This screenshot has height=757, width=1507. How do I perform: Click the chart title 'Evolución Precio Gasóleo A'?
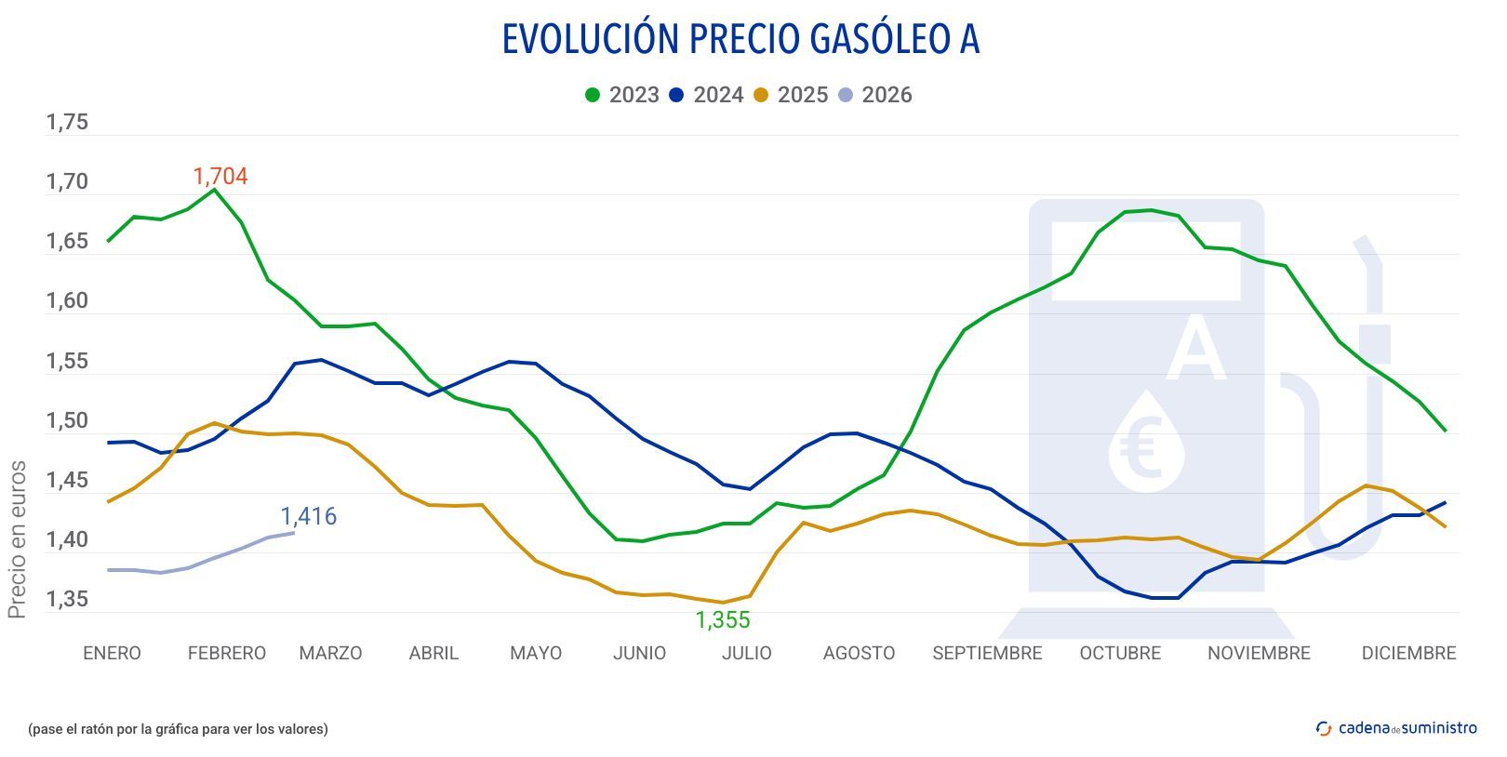(x=740, y=40)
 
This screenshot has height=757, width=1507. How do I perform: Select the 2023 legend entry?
(x=622, y=95)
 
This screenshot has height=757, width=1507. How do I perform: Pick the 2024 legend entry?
(x=707, y=95)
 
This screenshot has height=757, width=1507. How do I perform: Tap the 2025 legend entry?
(x=791, y=95)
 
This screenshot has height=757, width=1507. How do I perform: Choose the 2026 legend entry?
(x=875, y=95)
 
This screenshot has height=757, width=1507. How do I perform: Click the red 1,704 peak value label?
(x=220, y=177)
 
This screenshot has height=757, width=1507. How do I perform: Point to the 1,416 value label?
(x=309, y=516)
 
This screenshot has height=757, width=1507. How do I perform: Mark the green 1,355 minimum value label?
(x=723, y=620)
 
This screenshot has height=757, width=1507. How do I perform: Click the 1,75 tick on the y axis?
(x=67, y=123)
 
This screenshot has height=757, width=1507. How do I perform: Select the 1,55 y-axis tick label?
(x=67, y=362)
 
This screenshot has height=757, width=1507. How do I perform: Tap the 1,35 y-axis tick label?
(x=67, y=600)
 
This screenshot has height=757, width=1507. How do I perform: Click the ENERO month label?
(x=112, y=653)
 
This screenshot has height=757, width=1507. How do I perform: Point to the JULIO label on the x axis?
(x=747, y=653)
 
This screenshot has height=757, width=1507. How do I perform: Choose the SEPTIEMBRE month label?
(x=987, y=653)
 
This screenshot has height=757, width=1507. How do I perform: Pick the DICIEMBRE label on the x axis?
(x=1408, y=653)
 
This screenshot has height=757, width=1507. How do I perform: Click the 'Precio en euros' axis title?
(x=17, y=539)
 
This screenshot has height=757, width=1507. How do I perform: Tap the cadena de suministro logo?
(x=1396, y=728)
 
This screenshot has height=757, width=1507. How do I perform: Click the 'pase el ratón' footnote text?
(x=178, y=729)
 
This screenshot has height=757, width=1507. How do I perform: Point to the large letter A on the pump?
(x=1195, y=349)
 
